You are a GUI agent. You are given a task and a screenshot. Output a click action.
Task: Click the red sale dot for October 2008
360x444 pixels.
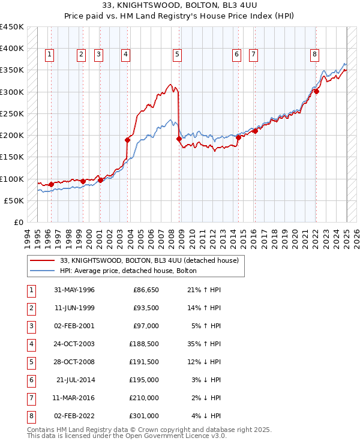click(179, 139)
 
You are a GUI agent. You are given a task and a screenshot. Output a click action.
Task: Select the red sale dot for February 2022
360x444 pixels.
click(316, 92)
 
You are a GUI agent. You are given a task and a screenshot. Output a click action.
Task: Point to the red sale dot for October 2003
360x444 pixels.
click(128, 140)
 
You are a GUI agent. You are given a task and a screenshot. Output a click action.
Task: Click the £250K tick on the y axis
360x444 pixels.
click(11, 113)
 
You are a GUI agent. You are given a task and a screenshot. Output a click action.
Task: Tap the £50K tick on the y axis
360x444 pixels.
click(14, 200)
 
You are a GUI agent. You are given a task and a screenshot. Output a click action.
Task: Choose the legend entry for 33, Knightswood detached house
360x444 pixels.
click(149, 260)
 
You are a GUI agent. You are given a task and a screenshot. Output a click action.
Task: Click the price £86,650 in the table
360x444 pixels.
click(146, 290)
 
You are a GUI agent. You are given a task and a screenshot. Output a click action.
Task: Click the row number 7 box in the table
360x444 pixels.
click(29, 398)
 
